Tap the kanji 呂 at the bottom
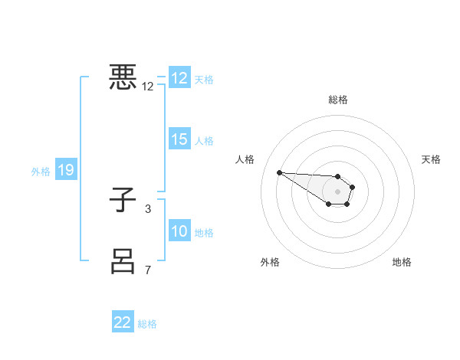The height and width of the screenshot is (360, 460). pyautogui.click(x=123, y=261)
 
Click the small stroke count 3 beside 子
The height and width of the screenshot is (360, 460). pyautogui.click(x=148, y=208)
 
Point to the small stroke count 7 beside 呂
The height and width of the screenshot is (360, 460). pyautogui.click(x=148, y=270)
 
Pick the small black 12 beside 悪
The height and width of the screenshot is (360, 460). pyautogui.click(x=148, y=87)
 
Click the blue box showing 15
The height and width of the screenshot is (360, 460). pyautogui.click(x=179, y=139)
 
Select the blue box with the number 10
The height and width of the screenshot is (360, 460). pyautogui.click(x=179, y=231)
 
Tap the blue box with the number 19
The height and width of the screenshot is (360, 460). pyautogui.click(x=65, y=171)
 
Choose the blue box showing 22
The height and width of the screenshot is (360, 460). pyautogui.click(x=123, y=322)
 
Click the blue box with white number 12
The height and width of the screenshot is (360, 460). pyautogui.click(x=179, y=78)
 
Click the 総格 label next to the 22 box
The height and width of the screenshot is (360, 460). pyautogui.click(x=148, y=324)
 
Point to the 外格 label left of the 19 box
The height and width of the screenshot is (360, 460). pyautogui.click(x=41, y=172)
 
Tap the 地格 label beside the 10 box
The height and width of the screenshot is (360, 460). pyautogui.click(x=205, y=233)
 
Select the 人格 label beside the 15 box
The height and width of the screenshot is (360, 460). pyautogui.click(x=205, y=141)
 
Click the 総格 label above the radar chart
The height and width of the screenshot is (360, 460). pyautogui.click(x=338, y=100)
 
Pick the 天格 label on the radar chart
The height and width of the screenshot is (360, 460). pyautogui.click(x=431, y=159)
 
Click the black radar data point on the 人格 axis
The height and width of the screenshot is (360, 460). pyautogui.click(x=279, y=172)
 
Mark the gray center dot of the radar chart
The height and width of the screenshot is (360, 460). pyautogui.click(x=338, y=191)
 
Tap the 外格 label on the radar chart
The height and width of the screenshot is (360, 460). pyautogui.click(x=270, y=262)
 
